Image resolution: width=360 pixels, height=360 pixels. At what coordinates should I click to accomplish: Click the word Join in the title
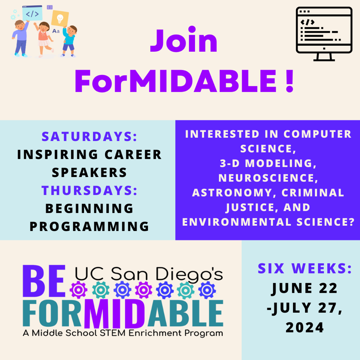coord(184,42)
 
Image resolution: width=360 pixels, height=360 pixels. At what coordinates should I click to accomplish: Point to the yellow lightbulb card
coord(60,18)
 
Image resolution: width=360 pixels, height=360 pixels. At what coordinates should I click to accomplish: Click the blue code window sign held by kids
coord(32,13)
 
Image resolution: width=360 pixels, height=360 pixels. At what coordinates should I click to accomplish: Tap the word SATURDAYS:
coord(89,136)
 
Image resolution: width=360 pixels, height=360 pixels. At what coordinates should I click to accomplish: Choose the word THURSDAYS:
coord(89,190)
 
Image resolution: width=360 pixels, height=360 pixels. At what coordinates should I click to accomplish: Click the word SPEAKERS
coord(89,172)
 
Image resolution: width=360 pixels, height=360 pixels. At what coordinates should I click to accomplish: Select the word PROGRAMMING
coord(89,226)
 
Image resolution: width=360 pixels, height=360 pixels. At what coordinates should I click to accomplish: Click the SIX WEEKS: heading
coord(304,268)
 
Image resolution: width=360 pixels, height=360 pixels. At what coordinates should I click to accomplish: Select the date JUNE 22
coord(304,288)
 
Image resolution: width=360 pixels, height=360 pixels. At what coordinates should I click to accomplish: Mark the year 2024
coord(304,327)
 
